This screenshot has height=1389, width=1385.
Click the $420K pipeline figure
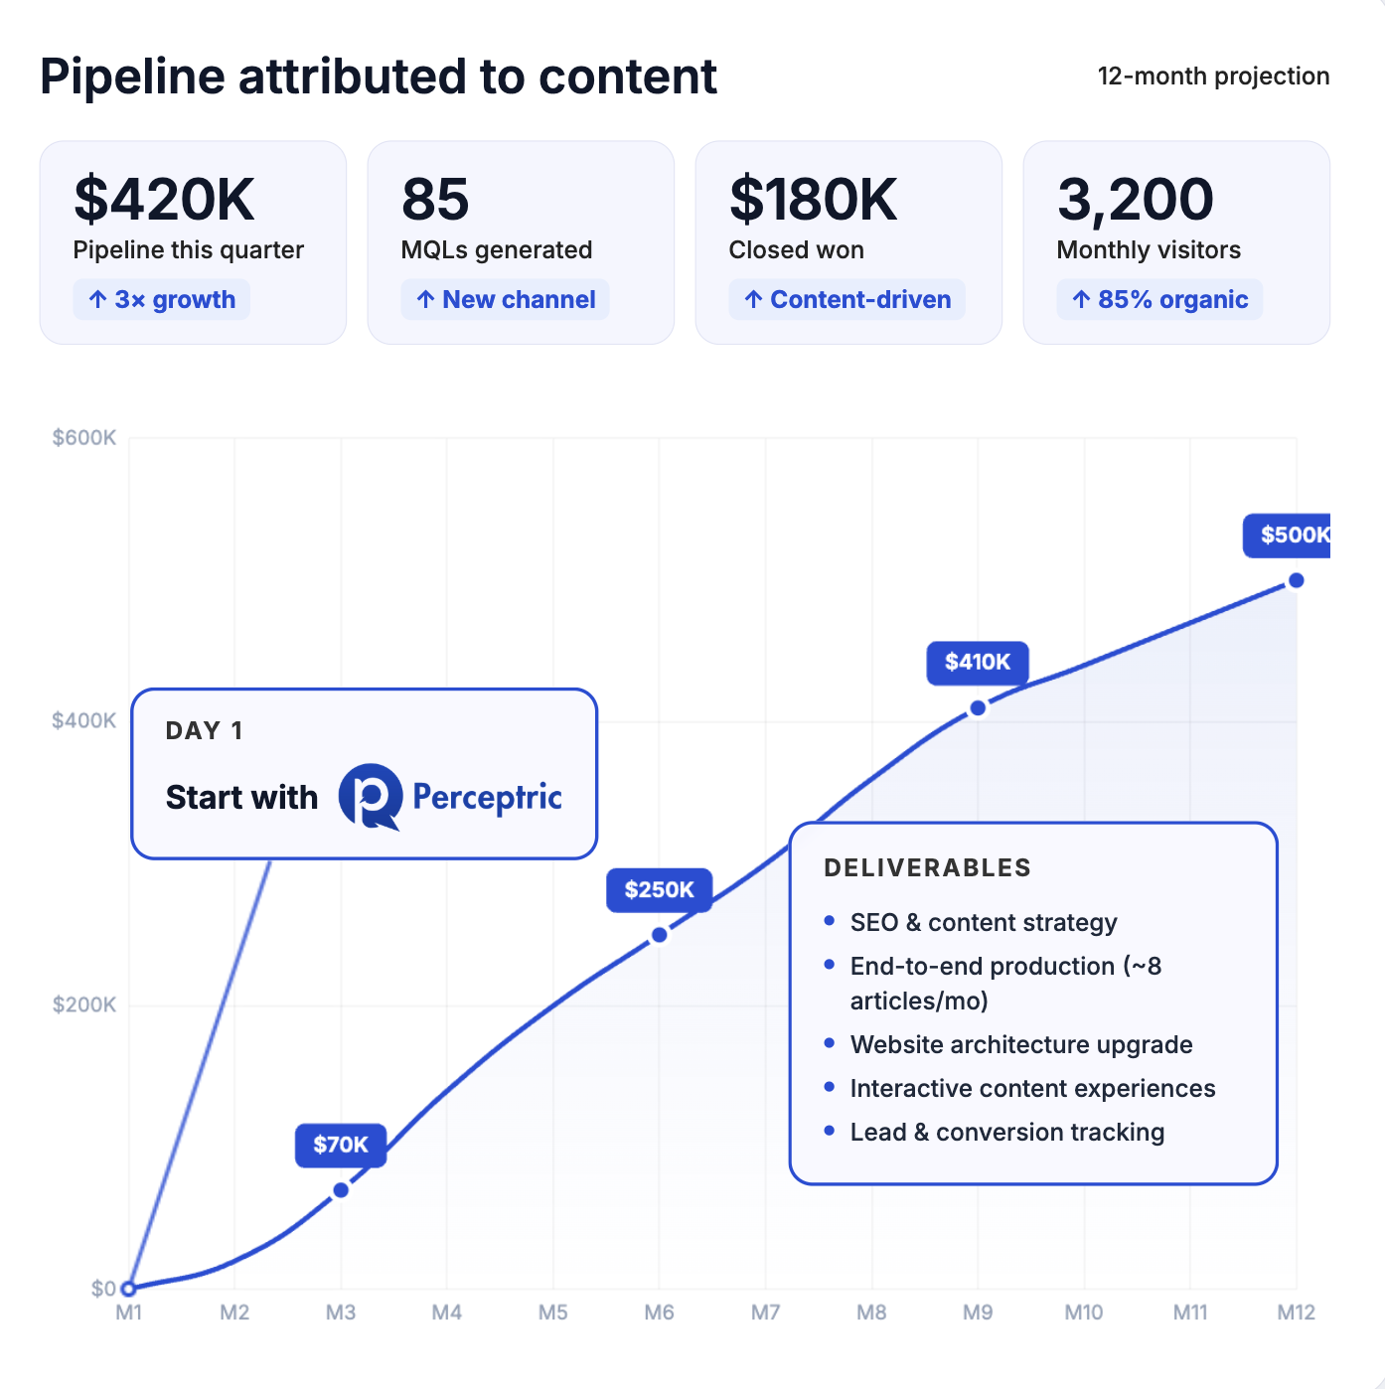[x=164, y=199]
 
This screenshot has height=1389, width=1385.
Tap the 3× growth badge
[x=162, y=300]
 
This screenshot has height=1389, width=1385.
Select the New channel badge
[x=506, y=300]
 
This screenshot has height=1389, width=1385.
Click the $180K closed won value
[x=813, y=199]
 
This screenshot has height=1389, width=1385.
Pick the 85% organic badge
[x=1159, y=300]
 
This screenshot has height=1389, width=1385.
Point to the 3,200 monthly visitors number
[x=1135, y=199]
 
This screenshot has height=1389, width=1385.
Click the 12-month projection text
[x=1213, y=77]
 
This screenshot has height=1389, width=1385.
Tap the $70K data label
[x=341, y=1145]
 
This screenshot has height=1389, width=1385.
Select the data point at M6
[x=660, y=935]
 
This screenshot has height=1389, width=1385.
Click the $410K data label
[x=978, y=662]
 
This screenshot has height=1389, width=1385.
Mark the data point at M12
[x=1296, y=580]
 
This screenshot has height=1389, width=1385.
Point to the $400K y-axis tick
[x=84, y=720]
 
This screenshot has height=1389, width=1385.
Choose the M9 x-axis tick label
[x=978, y=1312]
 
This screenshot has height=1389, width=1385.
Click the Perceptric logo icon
[x=370, y=797]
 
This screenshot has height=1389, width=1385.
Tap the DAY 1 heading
[x=204, y=731]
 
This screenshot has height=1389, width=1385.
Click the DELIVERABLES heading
[x=927, y=867]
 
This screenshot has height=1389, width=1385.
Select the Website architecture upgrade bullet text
[x=1020, y=1044]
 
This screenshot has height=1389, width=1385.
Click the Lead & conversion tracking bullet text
[x=1006, y=1132]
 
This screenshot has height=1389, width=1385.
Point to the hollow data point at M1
[x=128, y=1289]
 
